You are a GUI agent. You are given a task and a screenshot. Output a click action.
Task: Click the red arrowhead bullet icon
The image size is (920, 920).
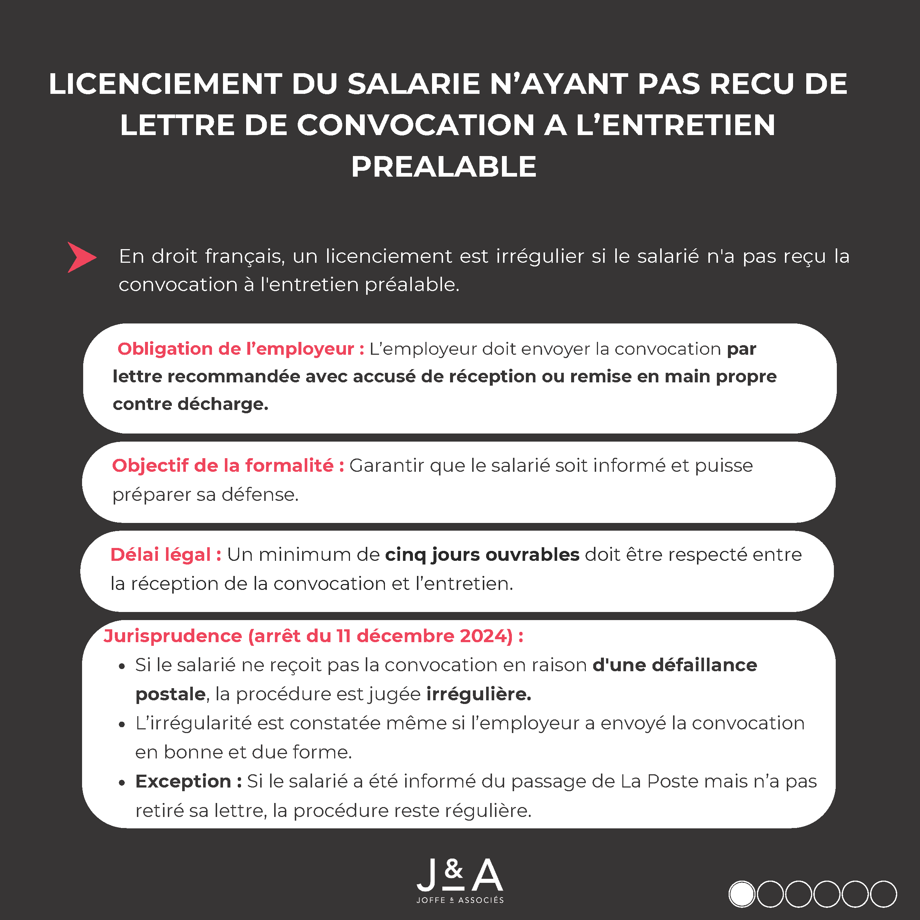[x=81, y=257]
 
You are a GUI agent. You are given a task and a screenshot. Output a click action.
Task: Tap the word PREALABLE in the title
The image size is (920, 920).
[x=444, y=167]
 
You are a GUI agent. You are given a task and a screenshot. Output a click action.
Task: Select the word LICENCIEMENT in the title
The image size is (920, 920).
[x=165, y=84]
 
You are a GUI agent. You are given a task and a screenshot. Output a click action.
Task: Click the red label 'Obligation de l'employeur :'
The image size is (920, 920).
[x=240, y=349]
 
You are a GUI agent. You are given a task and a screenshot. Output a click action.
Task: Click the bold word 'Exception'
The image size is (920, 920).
[x=183, y=781]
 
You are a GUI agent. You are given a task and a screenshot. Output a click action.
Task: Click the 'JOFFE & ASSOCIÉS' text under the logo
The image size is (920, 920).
[x=460, y=900]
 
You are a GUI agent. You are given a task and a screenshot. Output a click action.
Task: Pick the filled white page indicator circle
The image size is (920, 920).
[x=742, y=894]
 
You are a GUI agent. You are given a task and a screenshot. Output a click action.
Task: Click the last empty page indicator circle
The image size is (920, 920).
[x=883, y=894]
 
